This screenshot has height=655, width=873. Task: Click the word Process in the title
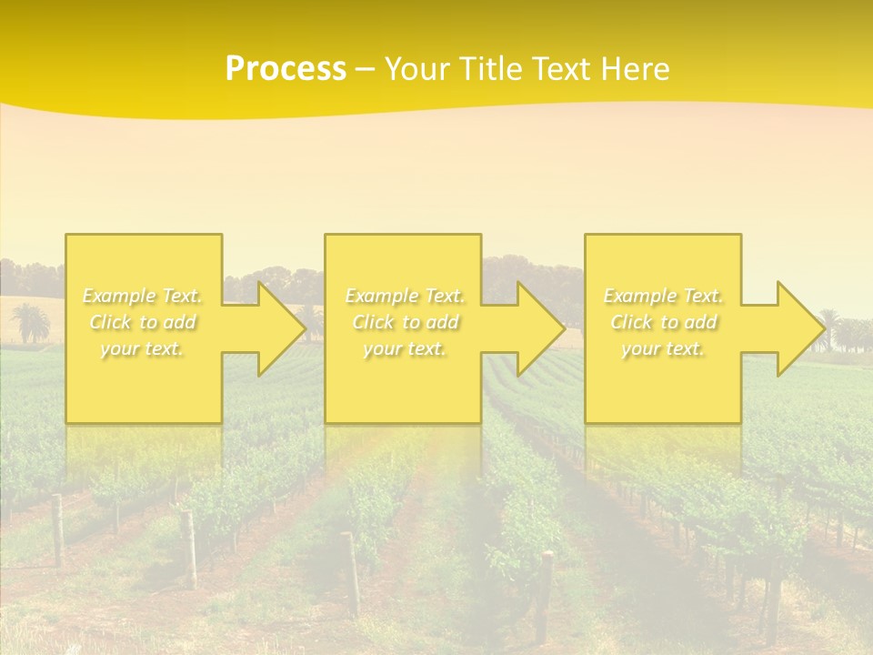286,69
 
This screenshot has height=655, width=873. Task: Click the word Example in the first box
118,296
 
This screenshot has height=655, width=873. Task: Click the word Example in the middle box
380,296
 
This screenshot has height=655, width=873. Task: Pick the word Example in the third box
638,296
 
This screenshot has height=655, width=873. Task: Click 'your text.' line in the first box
142,348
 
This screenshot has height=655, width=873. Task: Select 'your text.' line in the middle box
404,348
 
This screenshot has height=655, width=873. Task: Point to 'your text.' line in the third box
662,348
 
